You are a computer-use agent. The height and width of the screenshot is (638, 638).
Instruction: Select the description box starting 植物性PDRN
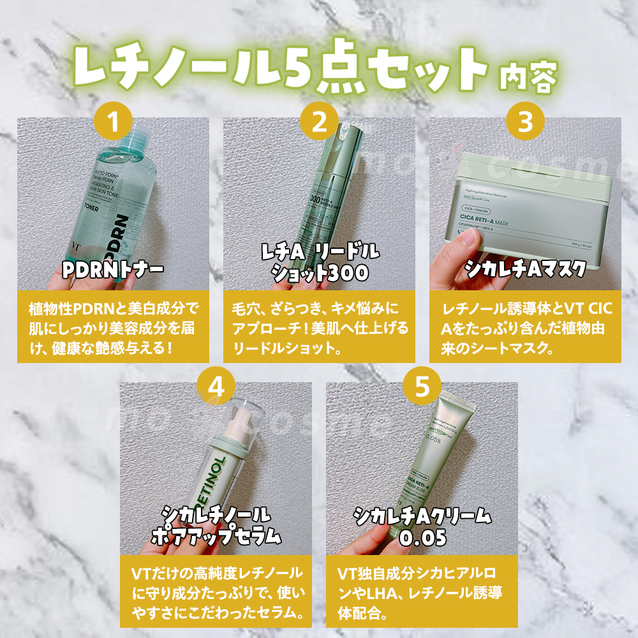(113, 327)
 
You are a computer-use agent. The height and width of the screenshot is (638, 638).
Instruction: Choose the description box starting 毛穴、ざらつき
(319, 327)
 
